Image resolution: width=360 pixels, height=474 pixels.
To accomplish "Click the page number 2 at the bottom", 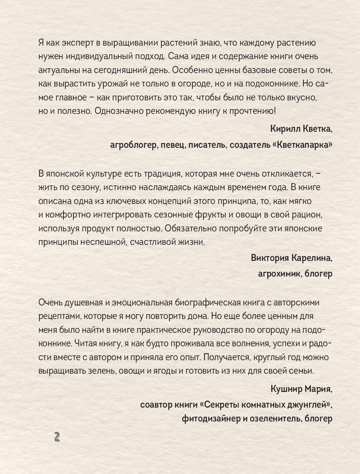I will click(57, 436).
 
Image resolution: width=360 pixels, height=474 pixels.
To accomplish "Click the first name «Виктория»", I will click(269, 258).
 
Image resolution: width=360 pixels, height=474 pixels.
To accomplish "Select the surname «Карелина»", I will click(313, 258).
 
